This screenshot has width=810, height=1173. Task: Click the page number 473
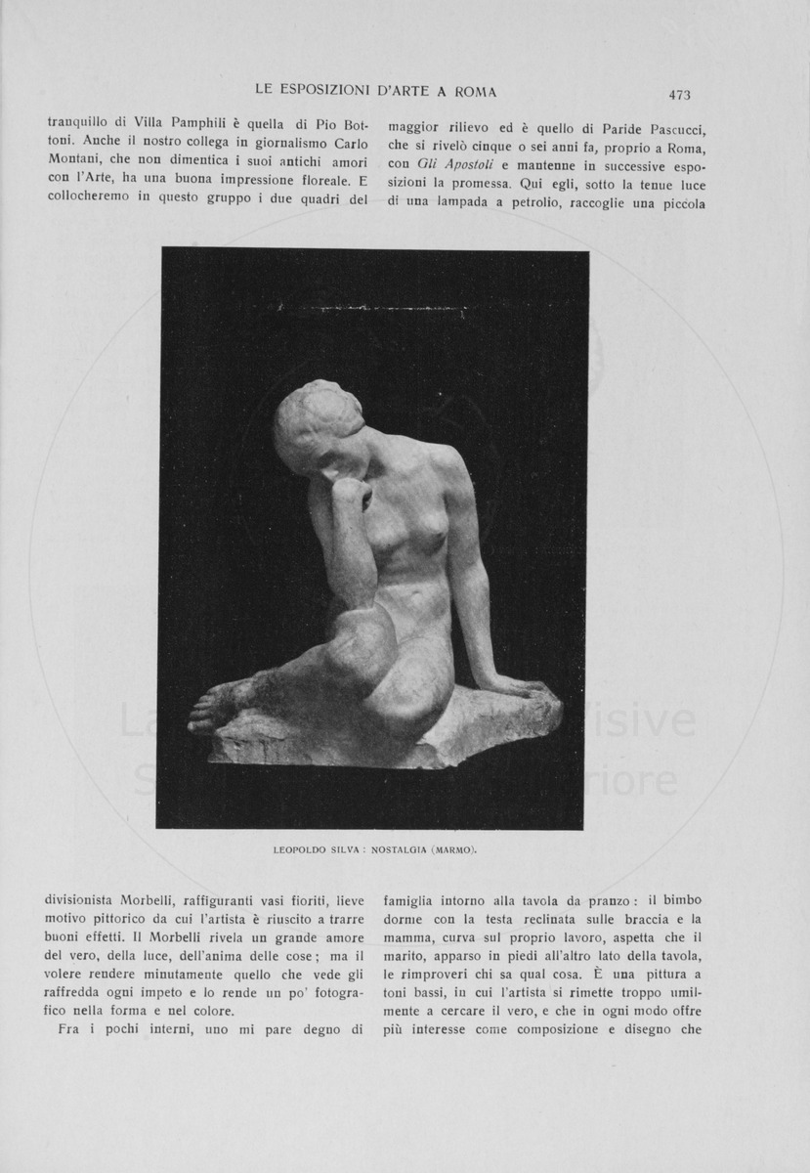(x=679, y=95)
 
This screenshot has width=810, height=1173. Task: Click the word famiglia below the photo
(x=414, y=899)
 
